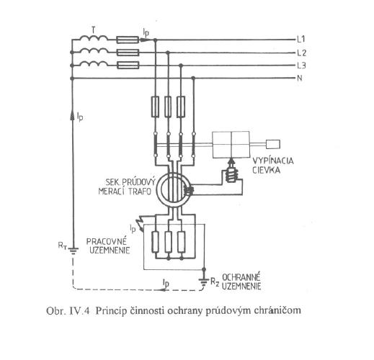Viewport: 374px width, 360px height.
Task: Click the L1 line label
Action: coord(301,39)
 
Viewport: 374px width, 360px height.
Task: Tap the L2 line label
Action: coord(302,53)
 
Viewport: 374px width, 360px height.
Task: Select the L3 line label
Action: coord(301,66)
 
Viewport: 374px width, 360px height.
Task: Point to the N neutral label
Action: coord(300,78)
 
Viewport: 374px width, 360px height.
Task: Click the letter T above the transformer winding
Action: coord(94,30)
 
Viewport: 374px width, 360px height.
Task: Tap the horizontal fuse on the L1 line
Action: coord(128,40)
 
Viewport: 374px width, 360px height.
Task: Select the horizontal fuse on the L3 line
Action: coord(128,65)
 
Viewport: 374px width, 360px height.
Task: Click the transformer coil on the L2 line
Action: coord(93,51)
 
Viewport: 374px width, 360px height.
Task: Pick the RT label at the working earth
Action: coord(62,246)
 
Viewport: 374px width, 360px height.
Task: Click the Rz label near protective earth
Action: coord(215,282)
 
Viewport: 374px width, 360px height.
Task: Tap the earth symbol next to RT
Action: coord(73,251)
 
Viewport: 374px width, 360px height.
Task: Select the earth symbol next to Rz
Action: coord(204,282)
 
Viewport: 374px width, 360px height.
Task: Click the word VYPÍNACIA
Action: coord(272,161)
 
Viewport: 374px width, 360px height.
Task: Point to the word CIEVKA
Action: coord(266,170)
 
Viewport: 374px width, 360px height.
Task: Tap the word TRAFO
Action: coord(141,192)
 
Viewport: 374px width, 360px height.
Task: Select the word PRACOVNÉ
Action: coord(107,241)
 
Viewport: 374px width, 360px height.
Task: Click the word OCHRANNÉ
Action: coord(241,277)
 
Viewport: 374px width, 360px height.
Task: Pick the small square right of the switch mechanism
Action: coord(273,144)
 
